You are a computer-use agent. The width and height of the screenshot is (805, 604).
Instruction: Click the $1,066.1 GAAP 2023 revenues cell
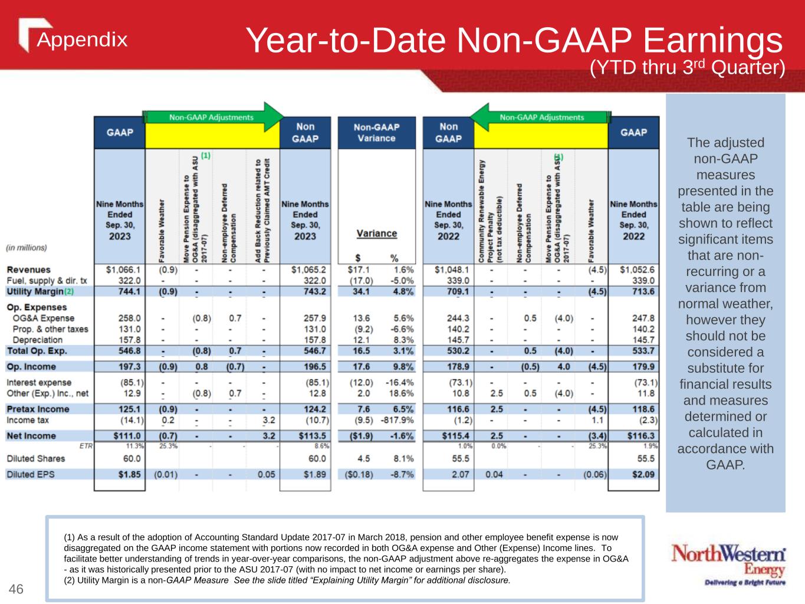[123, 270]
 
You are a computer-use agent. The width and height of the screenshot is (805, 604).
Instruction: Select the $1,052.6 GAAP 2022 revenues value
[637, 270]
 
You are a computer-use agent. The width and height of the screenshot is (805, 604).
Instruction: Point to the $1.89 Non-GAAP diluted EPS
[314, 474]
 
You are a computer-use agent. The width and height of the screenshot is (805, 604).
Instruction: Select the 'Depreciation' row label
[37, 340]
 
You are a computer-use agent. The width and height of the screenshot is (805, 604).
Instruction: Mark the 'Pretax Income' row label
[38, 409]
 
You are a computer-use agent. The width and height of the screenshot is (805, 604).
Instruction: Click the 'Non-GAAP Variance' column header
[376, 132]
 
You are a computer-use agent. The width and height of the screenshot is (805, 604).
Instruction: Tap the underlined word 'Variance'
[376, 234]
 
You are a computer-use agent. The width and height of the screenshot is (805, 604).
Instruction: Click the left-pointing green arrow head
[480, 117]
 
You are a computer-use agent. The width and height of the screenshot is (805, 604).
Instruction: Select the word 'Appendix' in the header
[82, 40]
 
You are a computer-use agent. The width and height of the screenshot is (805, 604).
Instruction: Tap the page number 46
[16, 589]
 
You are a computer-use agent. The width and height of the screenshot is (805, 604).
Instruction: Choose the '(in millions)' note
[27, 248]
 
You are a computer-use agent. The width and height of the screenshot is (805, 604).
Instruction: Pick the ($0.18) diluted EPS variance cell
[357, 474]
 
